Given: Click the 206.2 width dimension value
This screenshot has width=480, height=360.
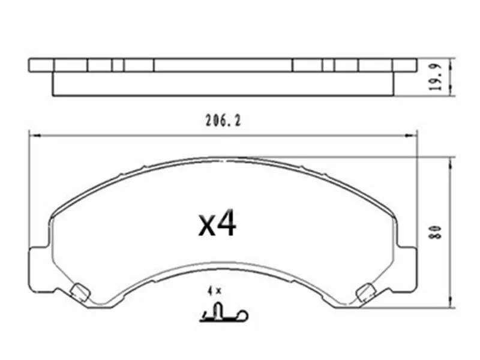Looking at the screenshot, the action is coord(223,121).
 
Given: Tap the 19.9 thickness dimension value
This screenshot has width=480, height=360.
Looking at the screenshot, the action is coord(436,77).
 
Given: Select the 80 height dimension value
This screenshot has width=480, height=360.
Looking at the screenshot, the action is coord(436,232).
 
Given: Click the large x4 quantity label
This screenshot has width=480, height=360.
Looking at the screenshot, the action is coord(217,223).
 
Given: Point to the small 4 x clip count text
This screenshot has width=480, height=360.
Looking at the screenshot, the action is coord(214,291).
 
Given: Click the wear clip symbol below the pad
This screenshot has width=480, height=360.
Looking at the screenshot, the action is coord(223,313).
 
